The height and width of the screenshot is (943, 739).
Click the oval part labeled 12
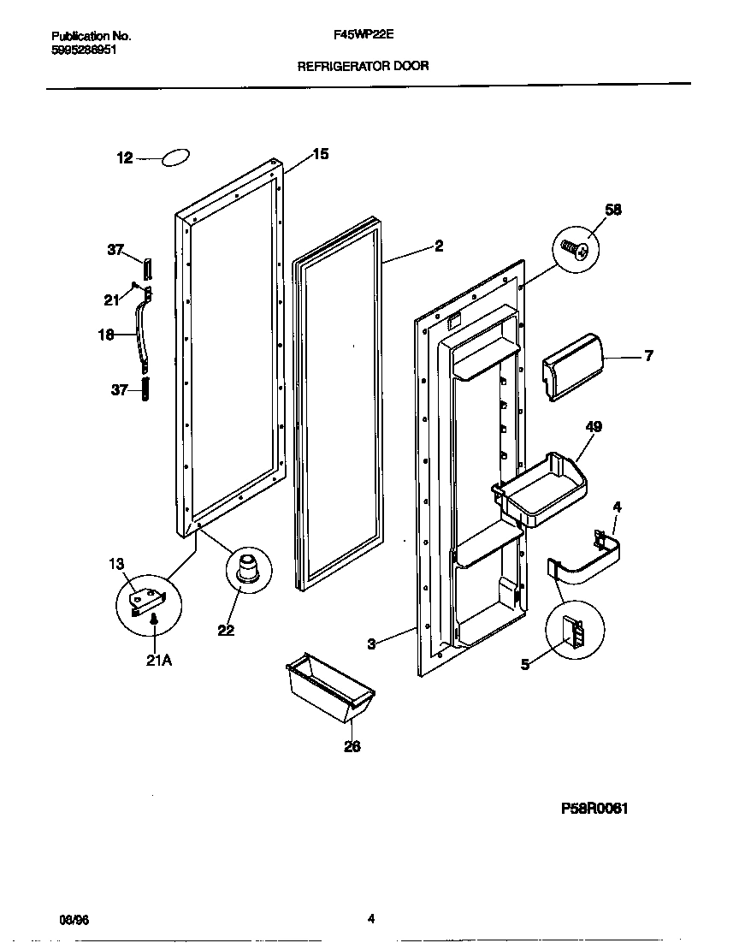175,157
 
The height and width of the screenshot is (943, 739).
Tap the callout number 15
320,155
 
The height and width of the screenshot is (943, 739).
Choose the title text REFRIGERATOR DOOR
363,65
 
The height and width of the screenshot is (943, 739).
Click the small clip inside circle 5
575,635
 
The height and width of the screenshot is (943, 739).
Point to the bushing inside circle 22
248,569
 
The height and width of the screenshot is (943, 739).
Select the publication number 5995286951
84,50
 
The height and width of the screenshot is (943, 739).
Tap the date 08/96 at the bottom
73,920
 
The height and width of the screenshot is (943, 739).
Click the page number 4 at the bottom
370,920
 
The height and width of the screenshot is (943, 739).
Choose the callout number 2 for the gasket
438,246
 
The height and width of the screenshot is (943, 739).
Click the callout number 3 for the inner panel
371,644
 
